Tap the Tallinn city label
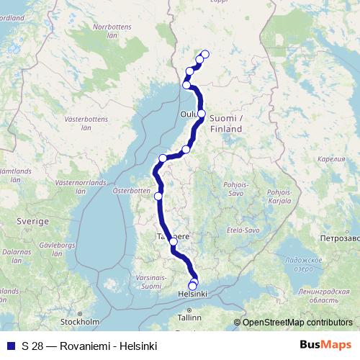190,318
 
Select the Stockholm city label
80,322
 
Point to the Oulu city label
187,113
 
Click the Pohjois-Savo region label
235,189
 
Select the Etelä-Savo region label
242,230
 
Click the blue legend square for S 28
10,345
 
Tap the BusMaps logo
325,345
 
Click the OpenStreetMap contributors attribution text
297,323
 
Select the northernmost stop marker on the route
205,54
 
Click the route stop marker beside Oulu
202,114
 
